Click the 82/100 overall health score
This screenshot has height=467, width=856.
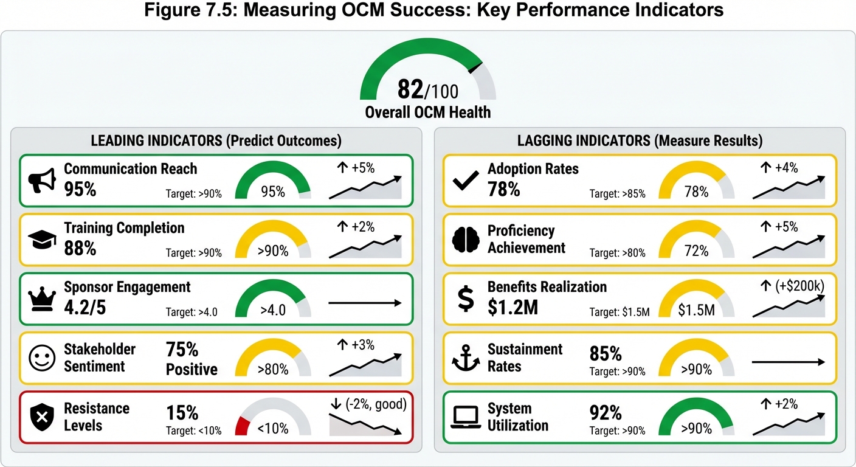point(427,90)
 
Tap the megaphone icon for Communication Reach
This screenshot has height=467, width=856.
point(42,180)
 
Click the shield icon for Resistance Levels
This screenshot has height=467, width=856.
point(42,418)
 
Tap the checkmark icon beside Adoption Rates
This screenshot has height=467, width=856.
point(466,181)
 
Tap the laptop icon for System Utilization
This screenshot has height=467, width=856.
point(466,418)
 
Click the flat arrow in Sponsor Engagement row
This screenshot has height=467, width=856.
point(365,303)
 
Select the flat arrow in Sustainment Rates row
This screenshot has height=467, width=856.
point(789,362)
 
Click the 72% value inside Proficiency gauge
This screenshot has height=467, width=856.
point(696,251)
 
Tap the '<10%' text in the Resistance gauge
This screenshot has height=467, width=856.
point(273,428)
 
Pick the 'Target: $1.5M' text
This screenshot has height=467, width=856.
point(620,313)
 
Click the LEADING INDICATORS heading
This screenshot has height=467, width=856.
point(216,140)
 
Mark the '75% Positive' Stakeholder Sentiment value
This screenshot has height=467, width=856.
point(192,359)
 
